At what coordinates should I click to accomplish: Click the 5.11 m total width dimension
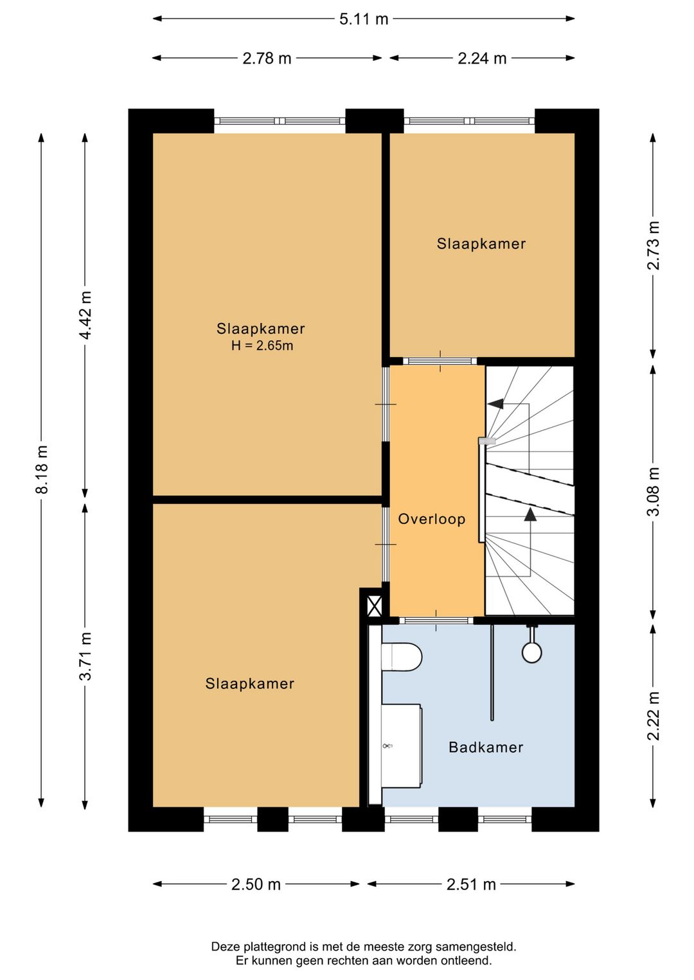pos(364,19)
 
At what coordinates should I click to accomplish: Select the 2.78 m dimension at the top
pos(267,58)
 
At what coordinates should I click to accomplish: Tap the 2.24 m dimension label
pos(482,58)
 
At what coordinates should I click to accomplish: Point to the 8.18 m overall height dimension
pos(42,470)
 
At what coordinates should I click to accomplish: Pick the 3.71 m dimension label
pos(85,656)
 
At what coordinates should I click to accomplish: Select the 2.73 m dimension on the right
pos(653,245)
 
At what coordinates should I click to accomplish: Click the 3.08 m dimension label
pos(653,492)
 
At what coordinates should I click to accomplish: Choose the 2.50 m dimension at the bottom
pos(256,884)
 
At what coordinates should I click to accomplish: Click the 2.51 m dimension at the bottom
pos(471,884)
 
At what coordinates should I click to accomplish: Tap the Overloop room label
pos(431,519)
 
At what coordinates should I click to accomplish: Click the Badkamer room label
pos(486,747)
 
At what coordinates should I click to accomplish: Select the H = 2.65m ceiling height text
pos(262,346)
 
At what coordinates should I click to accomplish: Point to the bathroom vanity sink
pos(400,746)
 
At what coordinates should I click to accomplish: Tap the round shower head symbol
pos(531,652)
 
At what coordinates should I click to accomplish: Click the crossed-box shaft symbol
pos(374,606)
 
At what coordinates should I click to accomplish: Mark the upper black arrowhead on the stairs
pos(495,404)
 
